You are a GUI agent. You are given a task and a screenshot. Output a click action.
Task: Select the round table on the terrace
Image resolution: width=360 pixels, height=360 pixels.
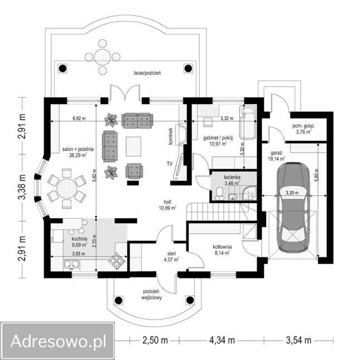click(102, 56)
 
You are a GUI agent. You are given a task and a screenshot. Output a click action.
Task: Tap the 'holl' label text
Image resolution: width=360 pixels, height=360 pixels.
click(167, 202)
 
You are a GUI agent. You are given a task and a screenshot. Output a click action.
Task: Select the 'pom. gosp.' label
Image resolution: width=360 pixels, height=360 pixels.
click(304, 127)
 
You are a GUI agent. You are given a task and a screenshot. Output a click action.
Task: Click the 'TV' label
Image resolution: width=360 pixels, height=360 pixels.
click(169, 164)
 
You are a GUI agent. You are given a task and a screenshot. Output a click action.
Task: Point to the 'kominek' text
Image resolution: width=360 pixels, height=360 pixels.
click(171, 137)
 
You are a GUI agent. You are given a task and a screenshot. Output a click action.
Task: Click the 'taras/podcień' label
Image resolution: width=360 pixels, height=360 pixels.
click(147, 73)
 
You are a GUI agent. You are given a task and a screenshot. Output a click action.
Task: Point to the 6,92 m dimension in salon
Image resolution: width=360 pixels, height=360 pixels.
click(81, 119)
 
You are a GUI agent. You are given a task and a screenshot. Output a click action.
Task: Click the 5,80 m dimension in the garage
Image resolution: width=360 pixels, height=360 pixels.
click(317, 170)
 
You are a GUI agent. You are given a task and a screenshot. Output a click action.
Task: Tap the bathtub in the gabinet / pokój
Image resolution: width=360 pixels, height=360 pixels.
click(246, 123)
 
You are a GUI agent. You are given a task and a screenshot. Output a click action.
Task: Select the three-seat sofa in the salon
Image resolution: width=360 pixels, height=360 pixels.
click(137, 119)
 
